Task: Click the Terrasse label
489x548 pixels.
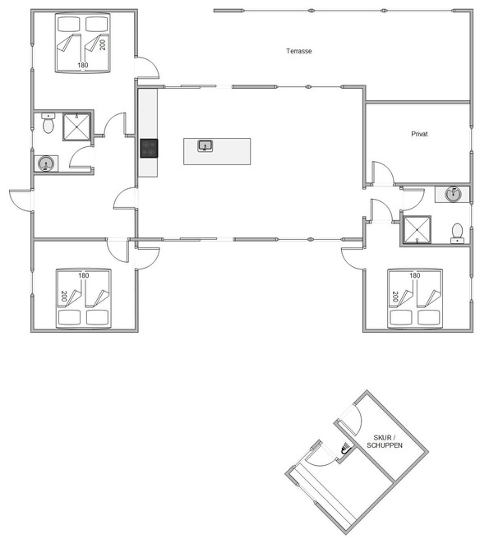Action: (x=299, y=51)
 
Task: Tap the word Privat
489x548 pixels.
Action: (x=419, y=134)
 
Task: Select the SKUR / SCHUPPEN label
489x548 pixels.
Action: (x=385, y=441)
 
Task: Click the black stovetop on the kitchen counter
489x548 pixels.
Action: (x=149, y=148)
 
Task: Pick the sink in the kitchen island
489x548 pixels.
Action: (x=205, y=145)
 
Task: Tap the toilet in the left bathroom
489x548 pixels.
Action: (x=48, y=122)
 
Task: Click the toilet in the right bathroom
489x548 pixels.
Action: (x=457, y=233)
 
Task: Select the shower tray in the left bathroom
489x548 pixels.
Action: (x=77, y=127)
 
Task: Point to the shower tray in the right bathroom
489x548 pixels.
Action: (x=417, y=229)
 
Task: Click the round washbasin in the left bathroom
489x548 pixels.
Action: (x=46, y=163)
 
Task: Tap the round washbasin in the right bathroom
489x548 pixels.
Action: (x=453, y=194)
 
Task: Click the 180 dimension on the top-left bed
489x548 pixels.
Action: (x=83, y=65)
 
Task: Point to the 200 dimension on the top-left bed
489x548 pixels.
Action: (x=103, y=44)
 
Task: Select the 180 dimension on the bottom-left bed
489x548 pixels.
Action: (x=84, y=275)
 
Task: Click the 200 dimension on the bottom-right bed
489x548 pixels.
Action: (x=395, y=297)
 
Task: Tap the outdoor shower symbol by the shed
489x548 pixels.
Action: (x=345, y=448)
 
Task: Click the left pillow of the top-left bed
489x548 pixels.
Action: (x=69, y=25)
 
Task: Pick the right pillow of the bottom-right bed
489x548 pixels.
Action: (x=428, y=317)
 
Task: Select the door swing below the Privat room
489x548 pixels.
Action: (x=384, y=173)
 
